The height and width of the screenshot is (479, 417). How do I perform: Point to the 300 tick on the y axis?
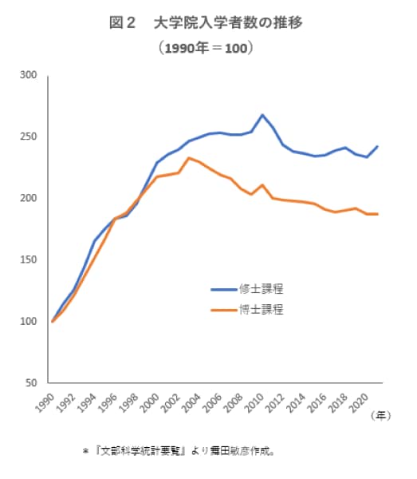click(30, 76)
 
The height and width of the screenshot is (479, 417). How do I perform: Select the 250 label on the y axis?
click(30, 137)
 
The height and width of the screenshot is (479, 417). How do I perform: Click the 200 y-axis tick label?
click(30, 199)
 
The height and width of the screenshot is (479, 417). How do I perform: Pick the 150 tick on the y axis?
click(30, 260)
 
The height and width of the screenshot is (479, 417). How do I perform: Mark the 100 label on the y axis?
click(30, 322)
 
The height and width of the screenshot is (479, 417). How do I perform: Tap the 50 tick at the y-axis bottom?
click(32, 383)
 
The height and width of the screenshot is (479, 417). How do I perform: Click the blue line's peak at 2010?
click(262, 115)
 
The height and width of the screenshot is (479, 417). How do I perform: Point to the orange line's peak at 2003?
click(188, 158)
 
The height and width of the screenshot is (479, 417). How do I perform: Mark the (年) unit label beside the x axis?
click(384, 414)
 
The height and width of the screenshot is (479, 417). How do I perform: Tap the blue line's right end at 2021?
click(378, 146)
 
